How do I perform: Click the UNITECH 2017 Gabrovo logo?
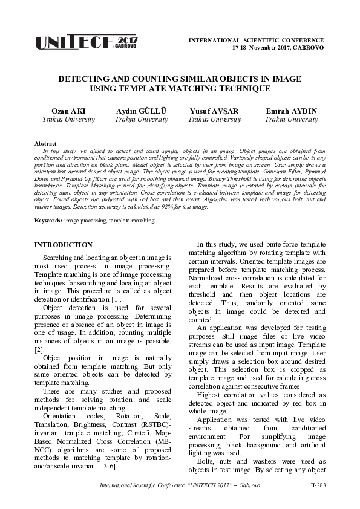(x=87, y=41)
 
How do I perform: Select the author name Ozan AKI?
(x=68, y=111)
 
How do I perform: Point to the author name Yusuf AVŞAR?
(x=214, y=111)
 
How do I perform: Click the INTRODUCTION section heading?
(x=64, y=245)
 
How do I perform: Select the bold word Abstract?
(x=47, y=143)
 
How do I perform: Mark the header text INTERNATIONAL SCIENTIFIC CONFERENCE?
(x=257, y=39)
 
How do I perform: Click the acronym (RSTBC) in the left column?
(x=155, y=417)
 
